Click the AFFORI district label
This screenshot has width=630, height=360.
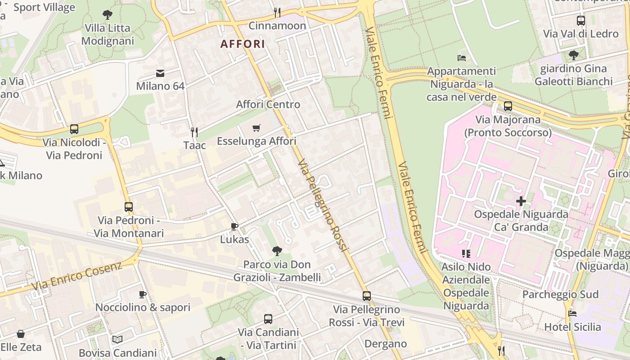(x=243, y=44)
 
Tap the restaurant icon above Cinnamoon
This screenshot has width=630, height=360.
(x=277, y=12)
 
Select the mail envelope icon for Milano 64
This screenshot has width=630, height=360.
(x=160, y=73)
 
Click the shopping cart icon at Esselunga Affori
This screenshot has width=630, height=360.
(x=256, y=128)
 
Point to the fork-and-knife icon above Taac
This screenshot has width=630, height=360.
(x=194, y=132)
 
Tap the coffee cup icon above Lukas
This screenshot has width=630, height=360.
(x=234, y=226)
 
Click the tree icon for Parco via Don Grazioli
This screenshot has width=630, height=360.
(x=277, y=251)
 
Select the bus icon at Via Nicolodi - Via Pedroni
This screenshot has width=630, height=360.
(x=74, y=129)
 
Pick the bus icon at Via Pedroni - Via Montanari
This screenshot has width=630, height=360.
(x=129, y=207)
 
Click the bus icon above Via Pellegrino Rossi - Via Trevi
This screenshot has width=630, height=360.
(x=367, y=296)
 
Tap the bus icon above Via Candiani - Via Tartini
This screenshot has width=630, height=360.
(x=268, y=319)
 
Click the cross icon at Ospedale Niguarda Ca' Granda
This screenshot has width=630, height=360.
(x=521, y=201)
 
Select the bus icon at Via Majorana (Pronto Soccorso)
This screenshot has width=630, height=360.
(x=508, y=106)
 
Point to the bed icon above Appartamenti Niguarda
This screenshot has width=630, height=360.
(x=461, y=58)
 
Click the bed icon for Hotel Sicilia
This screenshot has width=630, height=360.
(x=572, y=314)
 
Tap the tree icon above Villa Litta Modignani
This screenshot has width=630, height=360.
(x=108, y=15)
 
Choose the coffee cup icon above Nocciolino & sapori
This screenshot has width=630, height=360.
(x=143, y=294)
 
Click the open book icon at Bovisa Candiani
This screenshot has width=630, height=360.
(x=117, y=339)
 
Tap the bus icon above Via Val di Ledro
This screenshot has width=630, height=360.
(x=581, y=20)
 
